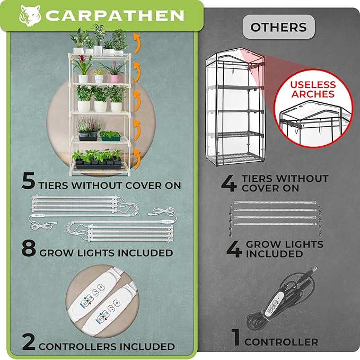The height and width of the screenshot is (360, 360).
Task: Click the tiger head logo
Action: pyautogui.click(x=30, y=15)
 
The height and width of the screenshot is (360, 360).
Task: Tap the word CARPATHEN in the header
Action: pyautogui.click(x=115, y=15)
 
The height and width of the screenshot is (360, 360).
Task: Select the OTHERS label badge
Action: pyautogui.click(x=279, y=27)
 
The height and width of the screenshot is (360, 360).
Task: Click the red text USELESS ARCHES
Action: pyautogui.click(x=313, y=89)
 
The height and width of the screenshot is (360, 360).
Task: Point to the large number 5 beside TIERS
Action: pyautogui.click(x=29, y=181)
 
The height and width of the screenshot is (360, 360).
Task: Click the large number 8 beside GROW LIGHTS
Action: pyautogui.click(x=29, y=248)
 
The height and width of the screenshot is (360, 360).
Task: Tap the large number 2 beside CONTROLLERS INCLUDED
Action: pyautogui.click(x=29, y=342)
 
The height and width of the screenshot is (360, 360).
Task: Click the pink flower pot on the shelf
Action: pyautogui.click(x=115, y=79)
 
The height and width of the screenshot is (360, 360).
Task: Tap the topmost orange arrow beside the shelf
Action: pyautogui.click(x=137, y=43)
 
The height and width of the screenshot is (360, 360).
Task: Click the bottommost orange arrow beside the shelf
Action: pyautogui.click(x=137, y=159)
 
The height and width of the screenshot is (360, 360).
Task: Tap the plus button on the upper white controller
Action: pyautogui.click(x=101, y=287)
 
